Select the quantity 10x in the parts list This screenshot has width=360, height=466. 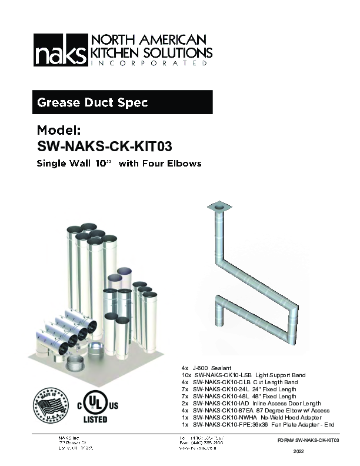tap(186, 375)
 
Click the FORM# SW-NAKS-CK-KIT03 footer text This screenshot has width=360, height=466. tap(308, 440)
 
